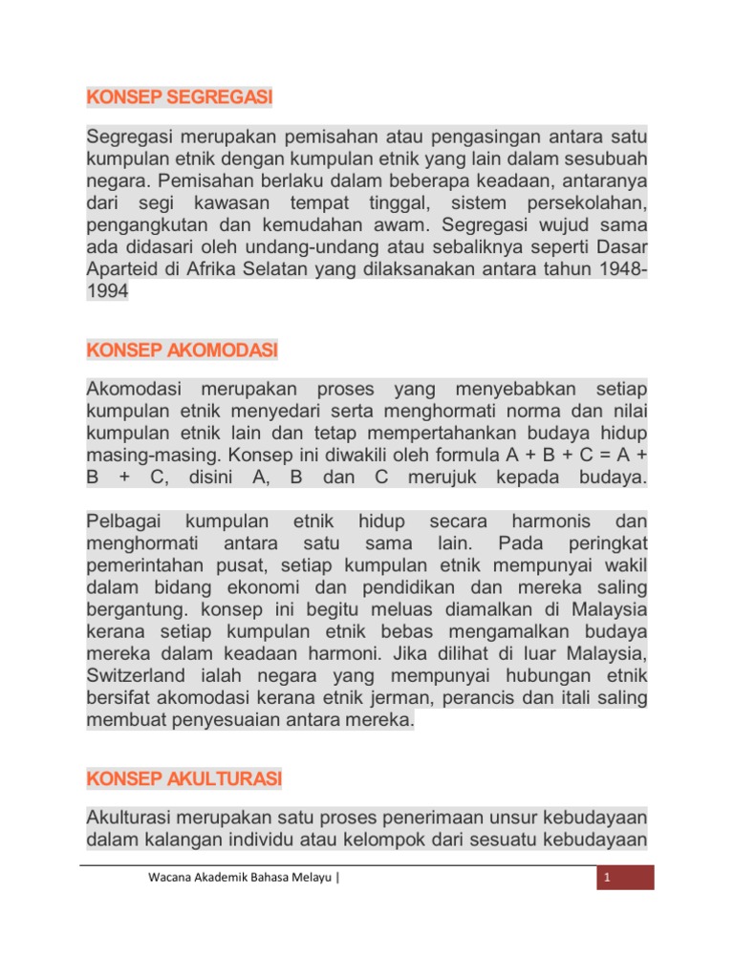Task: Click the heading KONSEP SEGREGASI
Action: tap(180, 97)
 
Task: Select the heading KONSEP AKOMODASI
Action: tap(182, 351)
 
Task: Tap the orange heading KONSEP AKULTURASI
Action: tap(184, 779)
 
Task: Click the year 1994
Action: tap(107, 293)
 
